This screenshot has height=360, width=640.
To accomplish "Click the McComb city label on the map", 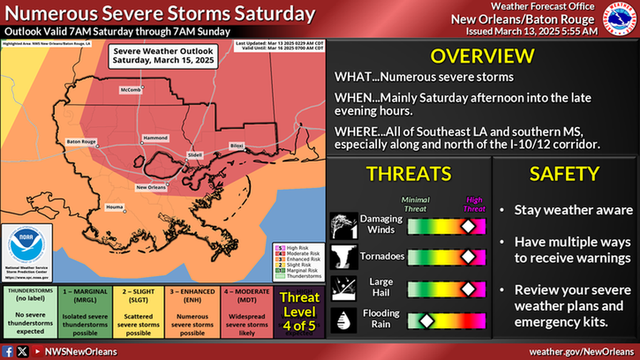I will (130, 90).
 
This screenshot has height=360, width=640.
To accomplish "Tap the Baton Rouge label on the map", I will (81, 142).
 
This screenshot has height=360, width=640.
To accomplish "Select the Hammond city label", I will (155, 138).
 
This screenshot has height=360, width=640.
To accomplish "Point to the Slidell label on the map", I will (195, 154).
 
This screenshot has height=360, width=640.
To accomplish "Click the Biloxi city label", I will (236, 146).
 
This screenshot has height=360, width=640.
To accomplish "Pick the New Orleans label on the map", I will (150, 187).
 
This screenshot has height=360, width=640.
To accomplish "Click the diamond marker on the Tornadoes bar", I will (467, 257).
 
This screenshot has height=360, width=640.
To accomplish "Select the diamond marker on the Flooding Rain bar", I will (427, 321).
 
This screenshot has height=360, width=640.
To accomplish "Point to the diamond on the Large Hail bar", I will (467, 289).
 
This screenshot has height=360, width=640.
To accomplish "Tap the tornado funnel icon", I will (344, 257).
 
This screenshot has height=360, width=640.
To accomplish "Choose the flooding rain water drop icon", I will (344, 321).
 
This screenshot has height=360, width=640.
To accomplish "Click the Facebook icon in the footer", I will (8, 352).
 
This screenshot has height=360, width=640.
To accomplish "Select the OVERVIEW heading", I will (482, 56).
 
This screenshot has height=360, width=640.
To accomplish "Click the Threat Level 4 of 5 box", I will (299, 312).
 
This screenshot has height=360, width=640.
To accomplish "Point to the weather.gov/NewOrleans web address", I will (580, 352).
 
